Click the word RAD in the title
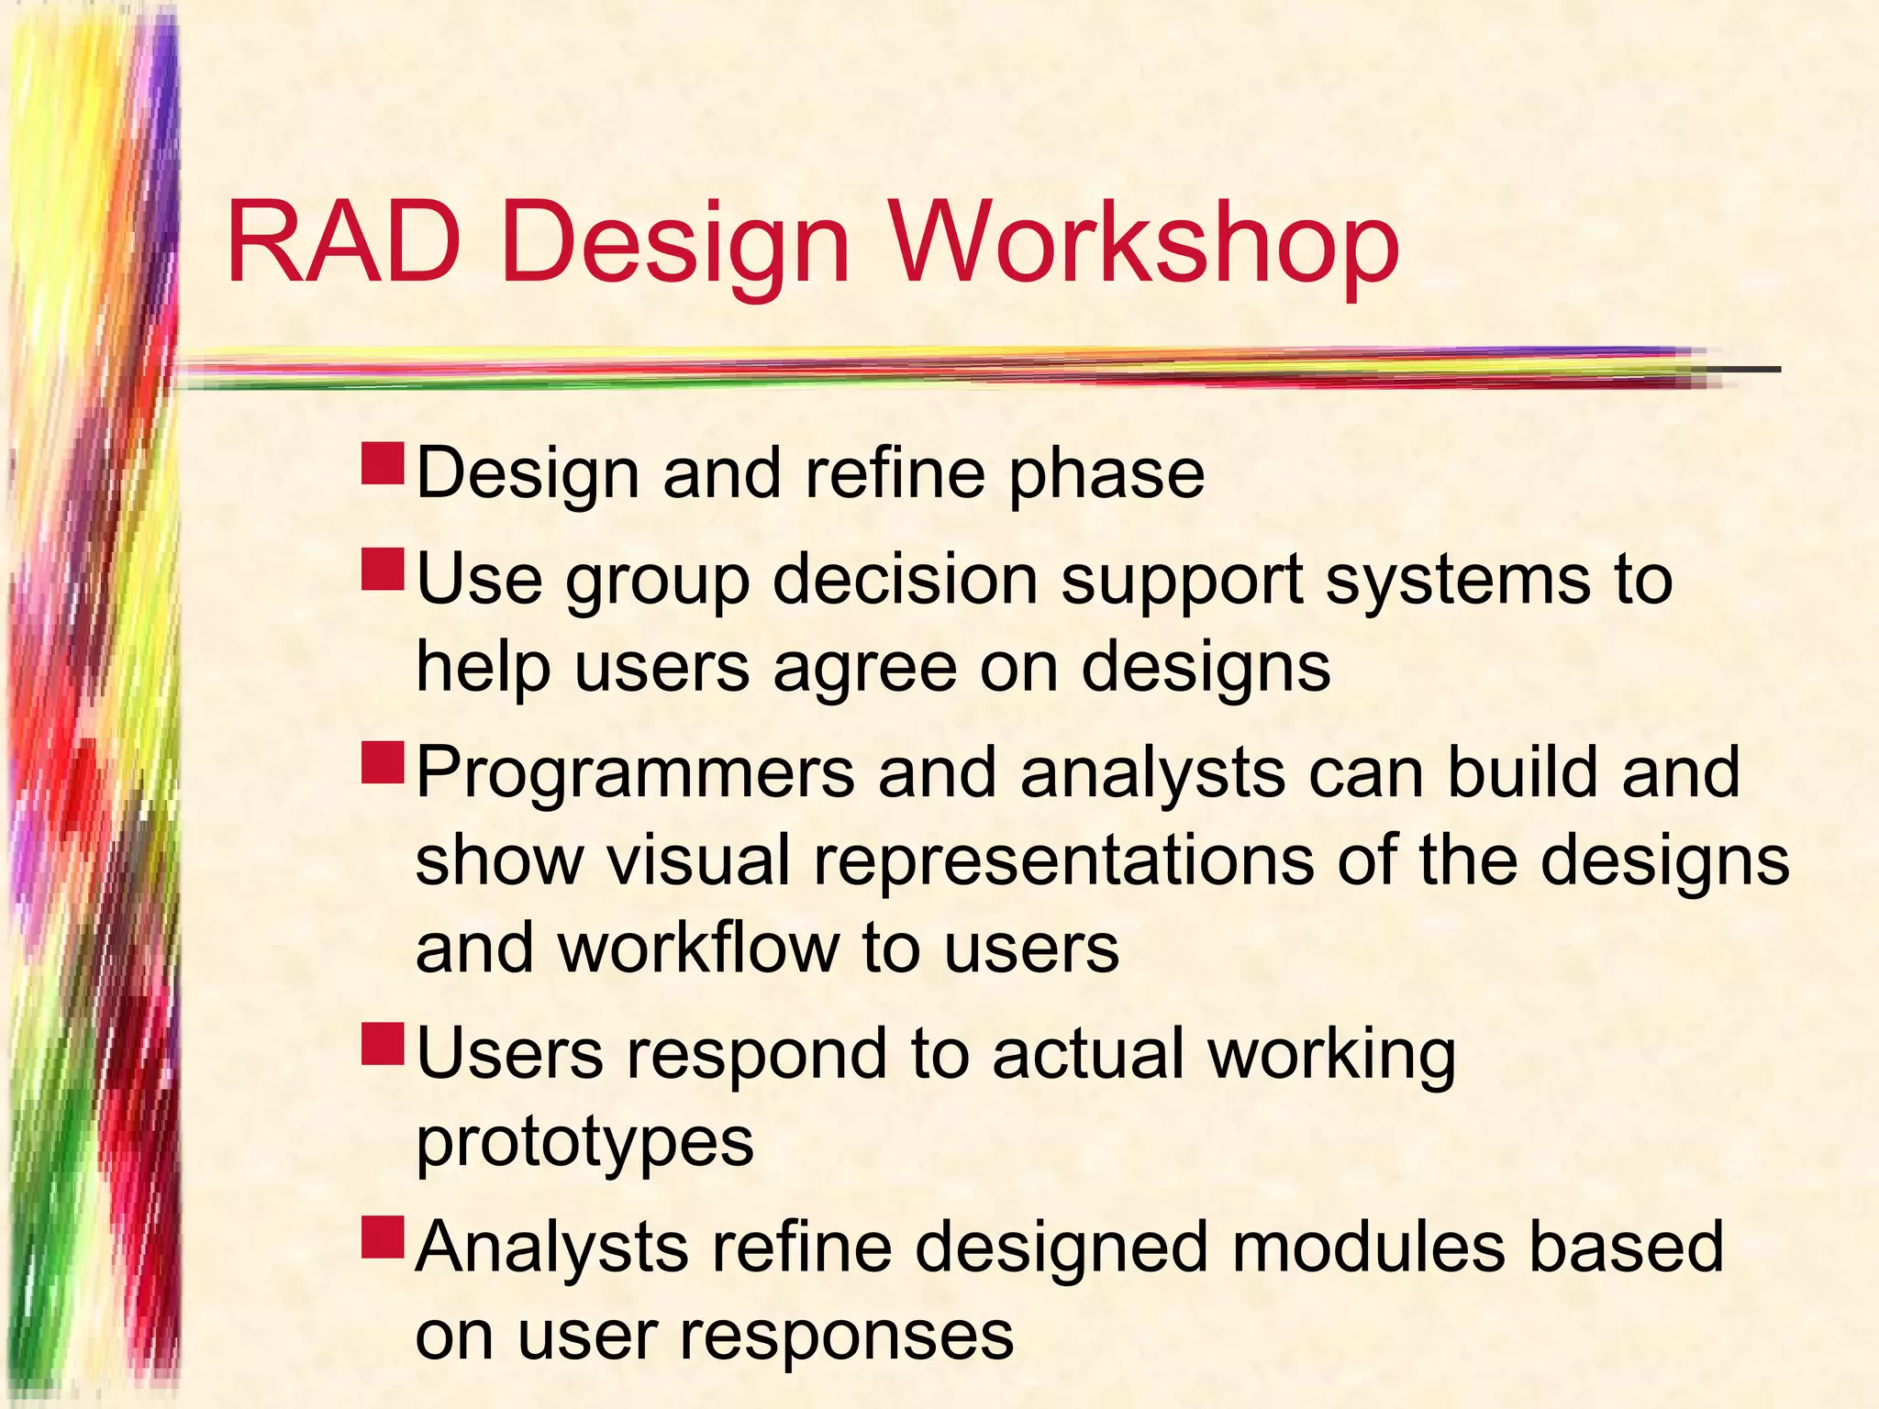point(342,243)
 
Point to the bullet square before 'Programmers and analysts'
point(383,763)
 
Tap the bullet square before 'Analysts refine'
point(383,1237)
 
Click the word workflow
point(698,949)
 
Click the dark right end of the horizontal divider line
point(1748,370)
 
